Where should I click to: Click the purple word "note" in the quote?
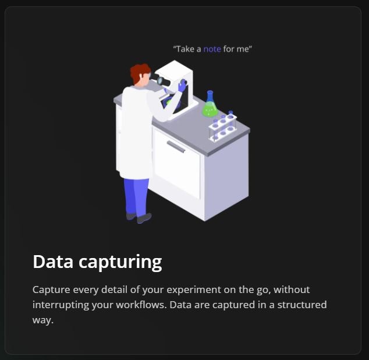pyautogui.click(x=212, y=49)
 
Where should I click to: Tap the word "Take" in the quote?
pyautogui.click(x=185, y=49)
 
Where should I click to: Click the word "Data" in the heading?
pyautogui.click(x=53, y=262)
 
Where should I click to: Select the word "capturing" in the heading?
pyautogui.click(x=120, y=263)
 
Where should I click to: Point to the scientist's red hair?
pyautogui.click(x=140, y=72)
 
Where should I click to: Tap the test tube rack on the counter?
pyautogui.click(x=223, y=126)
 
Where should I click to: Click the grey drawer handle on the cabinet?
pyautogui.click(x=176, y=147)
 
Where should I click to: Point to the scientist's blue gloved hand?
pyautogui.click(x=182, y=86)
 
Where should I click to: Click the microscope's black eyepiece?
pyautogui.click(x=162, y=80)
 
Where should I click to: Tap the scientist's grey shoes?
pyautogui.click(x=139, y=218)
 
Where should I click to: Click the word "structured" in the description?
pyautogui.click(x=302, y=305)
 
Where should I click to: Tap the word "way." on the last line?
pyautogui.click(x=43, y=320)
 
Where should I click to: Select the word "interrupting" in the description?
pyautogui.click(x=61, y=305)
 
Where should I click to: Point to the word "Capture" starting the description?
pyautogui.click(x=51, y=290)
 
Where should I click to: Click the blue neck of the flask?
pyautogui.click(x=210, y=97)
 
